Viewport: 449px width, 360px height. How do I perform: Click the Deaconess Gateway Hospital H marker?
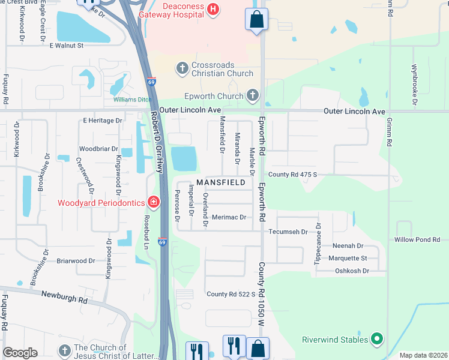(212, 8)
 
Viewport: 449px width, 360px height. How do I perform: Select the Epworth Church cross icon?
(253, 95)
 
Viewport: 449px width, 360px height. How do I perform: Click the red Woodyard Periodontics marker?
(154, 202)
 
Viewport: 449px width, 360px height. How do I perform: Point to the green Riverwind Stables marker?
(377, 340)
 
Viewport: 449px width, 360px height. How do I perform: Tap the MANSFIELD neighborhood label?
(221, 182)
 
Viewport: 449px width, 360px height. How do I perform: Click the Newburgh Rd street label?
(65, 295)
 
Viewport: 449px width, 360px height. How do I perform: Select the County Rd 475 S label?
(292, 175)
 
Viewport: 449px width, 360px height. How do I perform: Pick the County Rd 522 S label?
(231, 294)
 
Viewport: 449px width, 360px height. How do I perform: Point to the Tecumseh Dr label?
(288, 231)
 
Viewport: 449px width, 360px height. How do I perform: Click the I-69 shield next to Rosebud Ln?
(162, 242)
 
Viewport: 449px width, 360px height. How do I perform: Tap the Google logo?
(20, 353)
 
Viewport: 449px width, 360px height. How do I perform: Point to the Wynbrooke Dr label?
(414, 84)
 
